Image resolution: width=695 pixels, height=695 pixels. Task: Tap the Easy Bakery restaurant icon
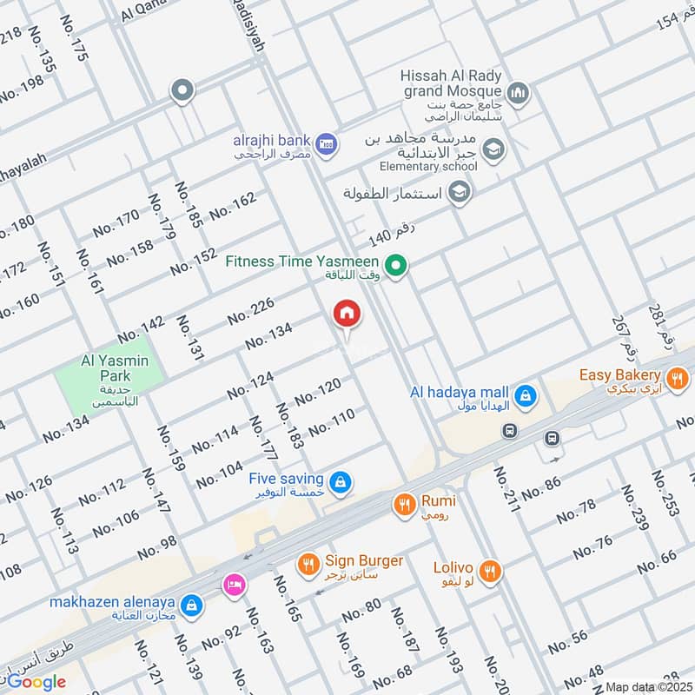click(x=678, y=378)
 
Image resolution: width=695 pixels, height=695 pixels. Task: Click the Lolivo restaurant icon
click(x=491, y=571)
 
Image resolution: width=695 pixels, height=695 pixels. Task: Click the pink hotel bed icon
click(x=233, y=584)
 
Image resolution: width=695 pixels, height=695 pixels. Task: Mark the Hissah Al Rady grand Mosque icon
click(x=519, y=92)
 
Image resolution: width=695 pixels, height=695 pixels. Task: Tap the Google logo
click(x=36, y=682)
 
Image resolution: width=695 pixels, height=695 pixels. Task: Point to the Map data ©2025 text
click(x=648, y=686)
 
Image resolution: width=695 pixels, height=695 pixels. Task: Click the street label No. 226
click(x=251, y=311)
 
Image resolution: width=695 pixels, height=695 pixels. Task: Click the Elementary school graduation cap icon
click(x=493, y=149)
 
